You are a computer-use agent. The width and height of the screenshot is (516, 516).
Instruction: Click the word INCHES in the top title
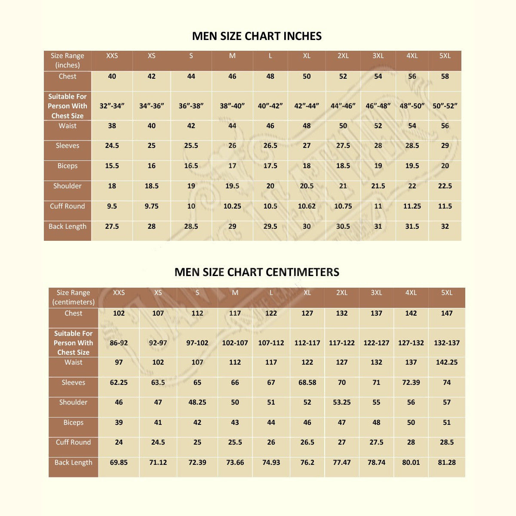[300, 36]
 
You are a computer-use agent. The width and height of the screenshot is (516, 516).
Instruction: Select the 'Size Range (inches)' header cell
[68, 61]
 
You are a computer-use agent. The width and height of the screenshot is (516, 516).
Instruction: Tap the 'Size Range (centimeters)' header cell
[74, 298]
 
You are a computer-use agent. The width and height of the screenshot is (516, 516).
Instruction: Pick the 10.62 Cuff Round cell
[307, 206]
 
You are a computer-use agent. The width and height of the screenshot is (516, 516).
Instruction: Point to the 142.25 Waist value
[447, 362]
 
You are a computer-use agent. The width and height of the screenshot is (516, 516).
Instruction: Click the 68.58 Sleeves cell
[307, 383]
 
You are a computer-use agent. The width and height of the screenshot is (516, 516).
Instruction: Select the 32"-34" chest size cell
[112, 106]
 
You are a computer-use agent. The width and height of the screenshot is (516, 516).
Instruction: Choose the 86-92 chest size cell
[119, 343]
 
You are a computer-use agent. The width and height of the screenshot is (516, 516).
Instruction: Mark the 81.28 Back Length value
[447, 463]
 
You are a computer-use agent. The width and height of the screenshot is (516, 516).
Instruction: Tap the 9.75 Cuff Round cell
[151, 206]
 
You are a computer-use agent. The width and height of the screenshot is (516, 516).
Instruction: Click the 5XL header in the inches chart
[445, 56]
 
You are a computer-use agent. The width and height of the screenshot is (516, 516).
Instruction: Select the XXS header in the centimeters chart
[119, 293]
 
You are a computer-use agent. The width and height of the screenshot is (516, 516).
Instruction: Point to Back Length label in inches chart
[68, 227]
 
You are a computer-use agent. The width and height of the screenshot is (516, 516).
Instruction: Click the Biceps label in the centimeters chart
[74, 423]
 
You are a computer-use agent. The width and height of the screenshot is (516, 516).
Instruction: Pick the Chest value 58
[445, 77]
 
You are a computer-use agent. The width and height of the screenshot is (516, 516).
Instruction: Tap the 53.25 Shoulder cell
[342, 402]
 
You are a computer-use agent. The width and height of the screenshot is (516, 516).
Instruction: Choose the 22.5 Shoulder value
[445, 186]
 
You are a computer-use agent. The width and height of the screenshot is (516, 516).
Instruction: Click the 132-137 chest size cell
[447, 343]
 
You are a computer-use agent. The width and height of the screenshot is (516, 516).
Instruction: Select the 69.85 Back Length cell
[119, 463]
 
